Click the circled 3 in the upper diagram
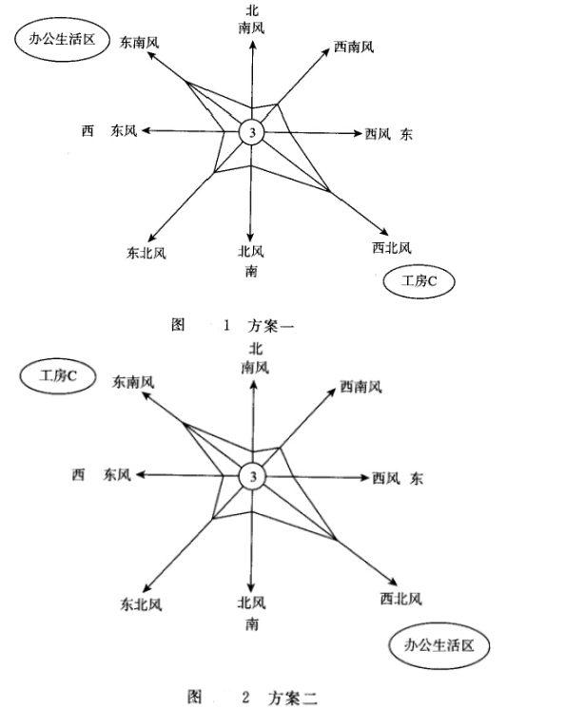click(x=251, y=132)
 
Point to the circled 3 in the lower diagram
click(x=252, y=476)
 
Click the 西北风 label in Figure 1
click(x=392, y=247)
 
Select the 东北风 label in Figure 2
click(x=141, y=604)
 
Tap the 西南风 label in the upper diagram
click(x=354, y=47)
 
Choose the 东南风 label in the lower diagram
click(x=133, y=382)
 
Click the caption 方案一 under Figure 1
click(x=270, y=325)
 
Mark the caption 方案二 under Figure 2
click(x=292, y=698)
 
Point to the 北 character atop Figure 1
click(x=252, y=10)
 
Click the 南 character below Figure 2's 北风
click(x=252, y=624)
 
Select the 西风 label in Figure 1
click(x=378, y=134)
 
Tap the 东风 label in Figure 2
click(x=117, y=475)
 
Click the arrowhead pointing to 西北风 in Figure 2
click(x=393, y=582)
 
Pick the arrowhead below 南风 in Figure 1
click(x=253, y=44)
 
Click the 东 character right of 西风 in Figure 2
click(x=417, y=478)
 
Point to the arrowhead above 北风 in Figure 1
click(x=250, y=238)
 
